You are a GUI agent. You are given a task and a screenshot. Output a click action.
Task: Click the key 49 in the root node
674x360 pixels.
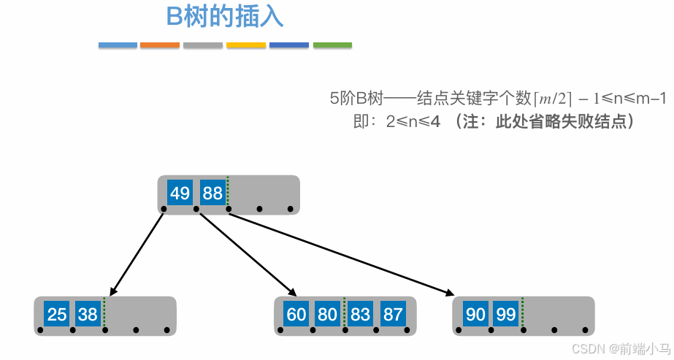[x=180, y=194]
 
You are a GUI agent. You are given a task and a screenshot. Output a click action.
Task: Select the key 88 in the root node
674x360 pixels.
[x=212, y=194]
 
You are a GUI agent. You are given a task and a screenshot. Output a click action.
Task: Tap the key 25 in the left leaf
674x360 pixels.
[x=56, y=315]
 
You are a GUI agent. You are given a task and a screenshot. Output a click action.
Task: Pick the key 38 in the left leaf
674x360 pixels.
[x=88, y=315]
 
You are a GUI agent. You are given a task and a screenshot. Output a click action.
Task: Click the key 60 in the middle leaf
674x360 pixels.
[x=296, y=315]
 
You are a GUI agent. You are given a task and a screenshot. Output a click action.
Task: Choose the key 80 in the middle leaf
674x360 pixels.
[x=328, y=315]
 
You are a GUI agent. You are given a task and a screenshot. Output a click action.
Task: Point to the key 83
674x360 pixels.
[x=360, y=315]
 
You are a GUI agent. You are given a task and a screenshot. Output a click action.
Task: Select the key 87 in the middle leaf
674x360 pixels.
[x=393, y=315]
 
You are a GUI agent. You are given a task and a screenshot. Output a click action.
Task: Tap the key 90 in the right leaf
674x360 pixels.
[x=475, y=315]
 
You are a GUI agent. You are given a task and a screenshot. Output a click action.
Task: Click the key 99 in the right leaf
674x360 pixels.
[x=506, y=315]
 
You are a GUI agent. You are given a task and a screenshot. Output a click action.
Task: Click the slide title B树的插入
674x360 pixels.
[x=225, y=17]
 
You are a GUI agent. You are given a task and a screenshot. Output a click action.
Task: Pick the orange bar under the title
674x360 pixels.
[x=160, y=45]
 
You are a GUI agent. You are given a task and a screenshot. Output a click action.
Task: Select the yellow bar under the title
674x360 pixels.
[x=245, y=45]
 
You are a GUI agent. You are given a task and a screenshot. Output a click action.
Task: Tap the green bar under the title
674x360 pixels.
[x=332, y=45]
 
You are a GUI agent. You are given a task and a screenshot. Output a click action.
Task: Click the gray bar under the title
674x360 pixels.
[x=203, y=45]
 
